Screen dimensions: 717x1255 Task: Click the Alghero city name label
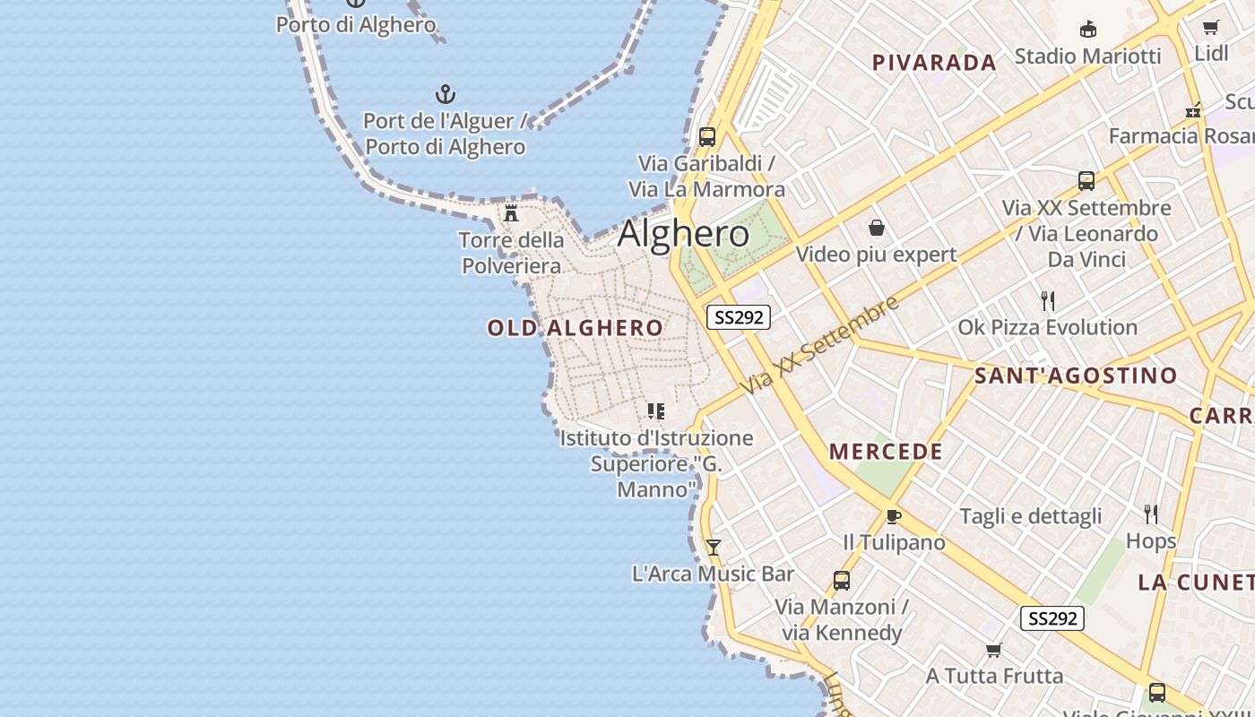coord(683,234)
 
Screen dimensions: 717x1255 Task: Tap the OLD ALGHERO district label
coord(576,328)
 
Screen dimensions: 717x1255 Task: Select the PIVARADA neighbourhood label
coord(934,63)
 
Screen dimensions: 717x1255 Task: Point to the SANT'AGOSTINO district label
coord(1076,376)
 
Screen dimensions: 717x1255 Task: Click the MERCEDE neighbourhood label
coord(886,452)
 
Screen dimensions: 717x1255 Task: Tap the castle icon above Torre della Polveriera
coord(511,213)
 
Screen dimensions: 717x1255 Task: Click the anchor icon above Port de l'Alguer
coord(446,94)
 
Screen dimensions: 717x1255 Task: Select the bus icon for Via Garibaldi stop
coord(707,137)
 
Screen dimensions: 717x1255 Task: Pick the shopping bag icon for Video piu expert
coord(877,229)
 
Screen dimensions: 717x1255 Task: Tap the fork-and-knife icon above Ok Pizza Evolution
coord(1047,300)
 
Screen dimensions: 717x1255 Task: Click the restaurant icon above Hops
coord(1151,514)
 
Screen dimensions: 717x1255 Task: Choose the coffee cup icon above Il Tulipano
coord(893,516)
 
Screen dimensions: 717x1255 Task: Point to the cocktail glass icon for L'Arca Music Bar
coord(713,547)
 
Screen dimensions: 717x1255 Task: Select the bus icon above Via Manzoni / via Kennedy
coord(841,580)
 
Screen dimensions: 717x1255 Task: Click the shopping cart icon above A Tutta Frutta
coord(993,650)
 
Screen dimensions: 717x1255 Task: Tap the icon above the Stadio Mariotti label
coord(1087,30)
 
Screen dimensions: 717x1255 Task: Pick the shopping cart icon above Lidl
coord(1211,28)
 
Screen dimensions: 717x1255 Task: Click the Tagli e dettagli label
coord(1031,516)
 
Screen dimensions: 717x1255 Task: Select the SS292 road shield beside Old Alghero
coord(739,317)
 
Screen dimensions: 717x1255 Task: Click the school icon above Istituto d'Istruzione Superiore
coord(656,411)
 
